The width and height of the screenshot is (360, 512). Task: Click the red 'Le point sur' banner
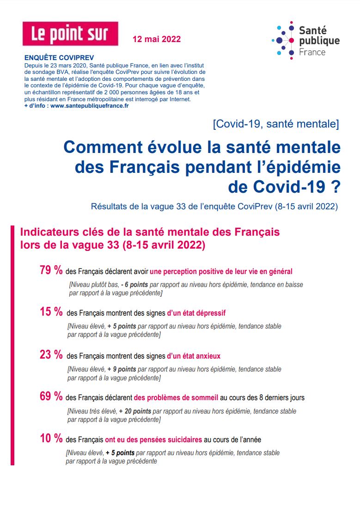(x=70, y=34)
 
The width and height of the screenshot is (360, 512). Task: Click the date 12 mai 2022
(x=157, y=39)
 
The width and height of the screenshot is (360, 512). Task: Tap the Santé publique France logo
(x=305, y=41)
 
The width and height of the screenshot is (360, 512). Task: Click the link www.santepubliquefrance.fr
(x=89, y=105)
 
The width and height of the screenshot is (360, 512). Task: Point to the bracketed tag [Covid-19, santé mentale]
(x=276, y=124)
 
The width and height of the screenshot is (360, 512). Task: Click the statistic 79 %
(x=51, y=271)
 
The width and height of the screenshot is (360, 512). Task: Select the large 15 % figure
(x=51, y=312)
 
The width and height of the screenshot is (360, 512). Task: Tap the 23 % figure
(x=51, y=355)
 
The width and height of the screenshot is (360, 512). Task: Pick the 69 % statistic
(x=51, y=396)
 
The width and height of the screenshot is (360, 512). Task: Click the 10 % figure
(x=51, y=439)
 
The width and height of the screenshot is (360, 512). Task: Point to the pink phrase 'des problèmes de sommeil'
(x=176, y=397)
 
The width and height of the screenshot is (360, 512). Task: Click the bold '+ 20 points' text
(x=134, y=411)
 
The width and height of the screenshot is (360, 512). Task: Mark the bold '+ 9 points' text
(x=122, y=370)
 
